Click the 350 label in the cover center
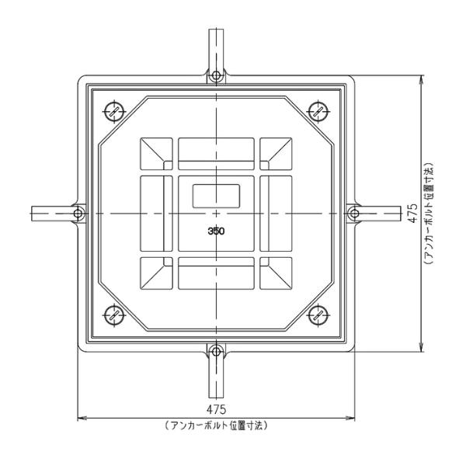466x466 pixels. click(216, 231)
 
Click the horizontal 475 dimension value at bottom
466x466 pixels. click(216, 409)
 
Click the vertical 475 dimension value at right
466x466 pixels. click(412, 212)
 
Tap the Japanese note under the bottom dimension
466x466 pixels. click(216, 426)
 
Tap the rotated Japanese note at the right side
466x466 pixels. click(428, 212)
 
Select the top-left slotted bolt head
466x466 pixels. click(114, 110)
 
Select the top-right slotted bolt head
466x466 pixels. click(318, 110)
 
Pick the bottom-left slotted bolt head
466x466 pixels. click(114, 315)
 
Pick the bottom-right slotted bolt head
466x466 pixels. click(318, 315)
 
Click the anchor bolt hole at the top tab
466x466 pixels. click(216, 76)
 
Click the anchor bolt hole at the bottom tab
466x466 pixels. click(216, 349)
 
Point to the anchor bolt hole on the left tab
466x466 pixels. click(79, 212)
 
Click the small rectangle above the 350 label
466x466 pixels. click(216, 195)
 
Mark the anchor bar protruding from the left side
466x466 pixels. click(50, 212)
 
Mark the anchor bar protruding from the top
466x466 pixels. click(216, 47)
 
